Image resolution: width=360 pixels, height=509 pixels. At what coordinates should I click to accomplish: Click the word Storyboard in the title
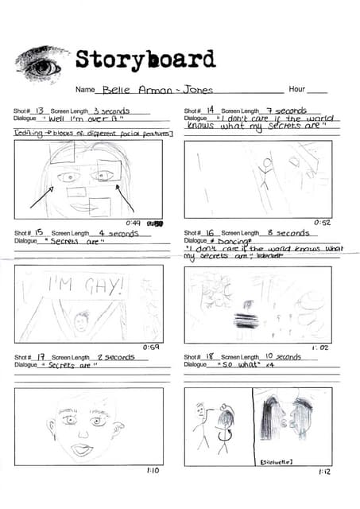(145, 60)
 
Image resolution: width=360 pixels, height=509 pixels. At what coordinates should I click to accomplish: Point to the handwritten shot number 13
(39, 111)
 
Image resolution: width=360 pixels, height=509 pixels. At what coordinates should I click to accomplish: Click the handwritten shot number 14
(210, 110)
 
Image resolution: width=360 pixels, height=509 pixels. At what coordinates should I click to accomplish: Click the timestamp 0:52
(322, 223)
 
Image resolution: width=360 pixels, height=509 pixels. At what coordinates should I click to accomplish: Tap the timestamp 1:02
(322, 348)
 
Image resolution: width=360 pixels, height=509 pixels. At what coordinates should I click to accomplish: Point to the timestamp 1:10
(153, 471)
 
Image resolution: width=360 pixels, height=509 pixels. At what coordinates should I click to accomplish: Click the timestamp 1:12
(323, 472)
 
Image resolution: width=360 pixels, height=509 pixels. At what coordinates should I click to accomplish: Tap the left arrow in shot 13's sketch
(42, 196)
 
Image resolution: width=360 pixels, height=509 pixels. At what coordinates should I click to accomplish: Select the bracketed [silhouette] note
(277, 461)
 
